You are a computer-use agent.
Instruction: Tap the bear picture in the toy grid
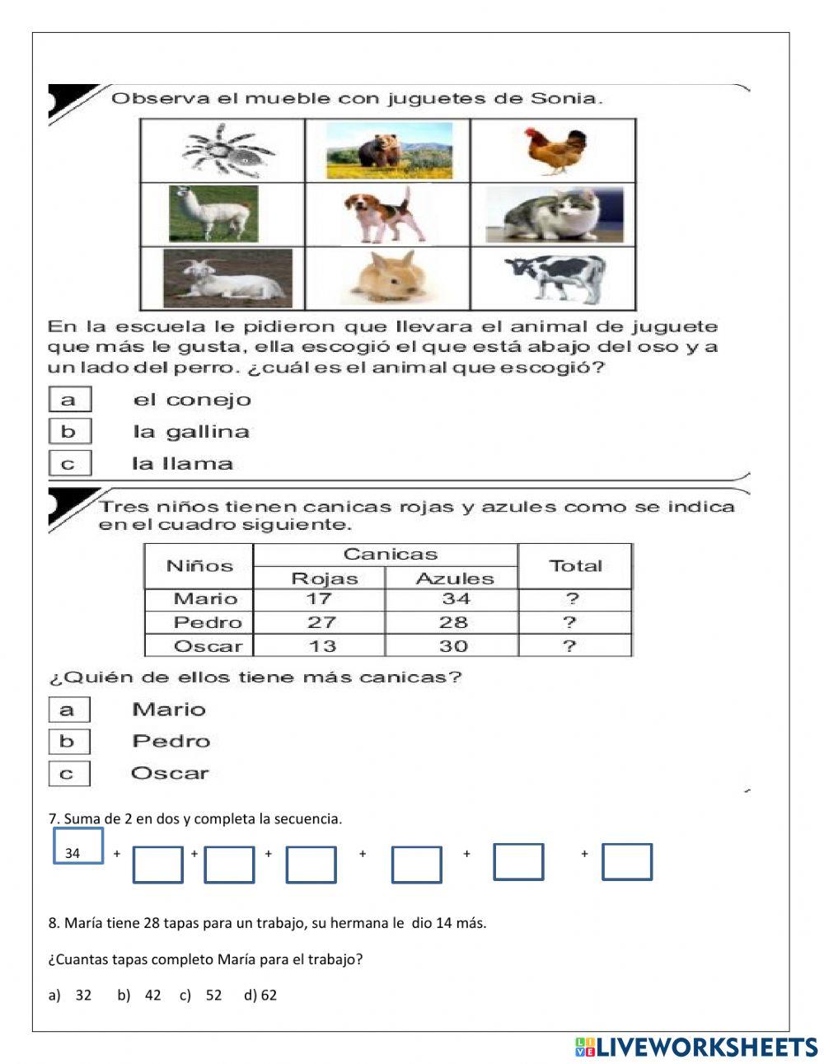(389, 151)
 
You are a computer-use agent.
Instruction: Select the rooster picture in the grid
(550, 150)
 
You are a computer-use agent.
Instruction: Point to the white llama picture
(213, 213)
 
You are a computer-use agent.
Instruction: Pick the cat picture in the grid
(553, 214)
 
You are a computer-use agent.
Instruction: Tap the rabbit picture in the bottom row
(387, 279)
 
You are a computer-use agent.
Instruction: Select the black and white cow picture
(555, 278)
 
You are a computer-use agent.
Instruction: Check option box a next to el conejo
(69, 400)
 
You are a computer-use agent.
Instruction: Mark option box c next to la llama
(69, 464)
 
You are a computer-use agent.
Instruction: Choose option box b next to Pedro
(68, 742)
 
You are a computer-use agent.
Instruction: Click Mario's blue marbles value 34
(455, 599)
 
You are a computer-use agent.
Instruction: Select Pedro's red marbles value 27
(321, 622)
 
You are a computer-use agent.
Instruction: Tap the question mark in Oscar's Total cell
(569, 646)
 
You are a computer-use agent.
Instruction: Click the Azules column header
(454, 579)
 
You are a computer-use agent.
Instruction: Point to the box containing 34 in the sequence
(78, 846)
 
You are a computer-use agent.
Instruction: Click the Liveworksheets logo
(696, 1047)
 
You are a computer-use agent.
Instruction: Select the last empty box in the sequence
(626, 862)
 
